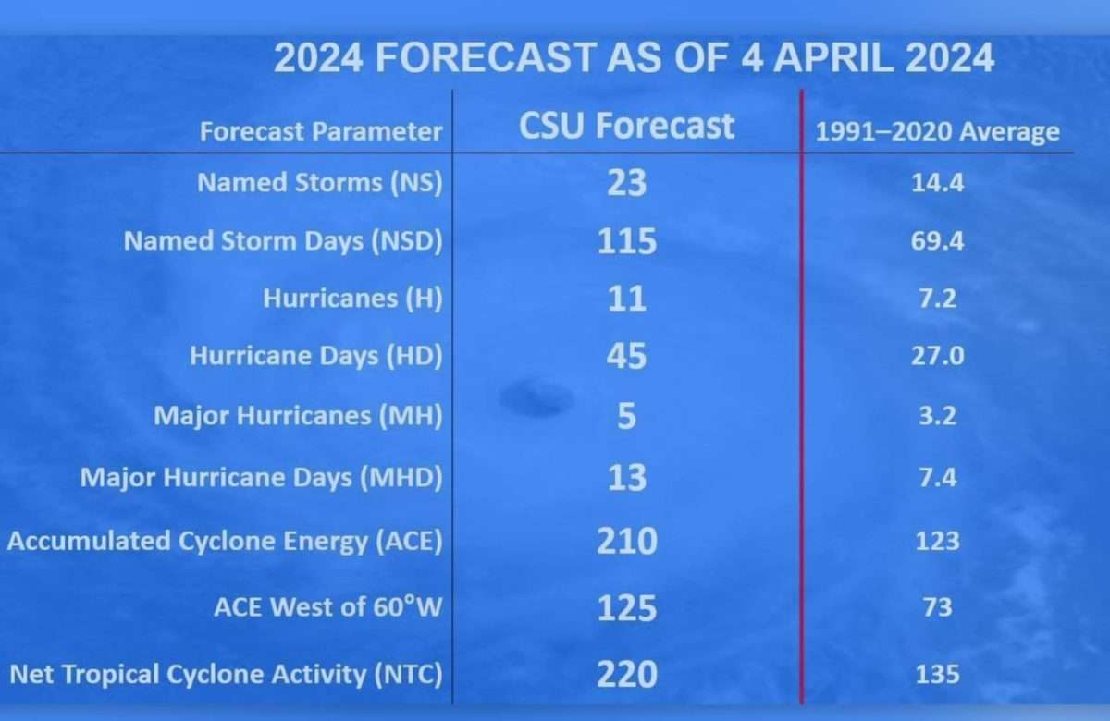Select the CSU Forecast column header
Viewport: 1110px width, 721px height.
pyautogui.click(x=626, y=126)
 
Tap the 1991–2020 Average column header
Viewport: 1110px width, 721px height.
pyautogui.click(x=938, y=131)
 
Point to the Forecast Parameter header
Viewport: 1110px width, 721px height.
pyautogui.click(x=321, y=131)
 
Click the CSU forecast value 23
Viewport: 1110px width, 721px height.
pyautogui.click(x=627, y=183)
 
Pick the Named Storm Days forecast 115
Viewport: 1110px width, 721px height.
pyautogui.click(x=627, y=241)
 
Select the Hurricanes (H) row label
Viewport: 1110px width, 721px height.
pyautogui.click(x=352, y=299)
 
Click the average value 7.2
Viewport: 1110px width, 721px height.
pyautogui.click(x=938, y=299)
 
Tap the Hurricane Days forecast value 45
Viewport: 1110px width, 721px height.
pyautogui.click(x=627, y=356)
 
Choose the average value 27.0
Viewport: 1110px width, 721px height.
pyautogui.click(x=938, y=356)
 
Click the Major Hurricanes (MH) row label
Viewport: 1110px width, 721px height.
pyautogui.click(x=298, y=415)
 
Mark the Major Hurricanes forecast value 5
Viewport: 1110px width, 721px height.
pyautogui.click(x=627, y=415)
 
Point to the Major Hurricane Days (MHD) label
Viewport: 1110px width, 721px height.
pyautogui.click(x=262, y=478)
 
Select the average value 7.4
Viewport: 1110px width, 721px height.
pyautogui.click(x=938, y=478)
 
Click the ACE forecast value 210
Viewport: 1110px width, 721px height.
pyautogui.click(x=627, y=541)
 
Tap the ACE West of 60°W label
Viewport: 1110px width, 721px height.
pyautogui.click(x=328, y=607)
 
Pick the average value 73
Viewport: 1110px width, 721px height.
pyautogui.click(x=938, y=607)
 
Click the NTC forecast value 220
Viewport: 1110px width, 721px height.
pyautogui.click(x=627, y=675)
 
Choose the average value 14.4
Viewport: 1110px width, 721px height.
pyautogui.click(x=938, y=183)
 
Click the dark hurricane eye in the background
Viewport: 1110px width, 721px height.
pyautogui.click(x=537, y=398)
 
